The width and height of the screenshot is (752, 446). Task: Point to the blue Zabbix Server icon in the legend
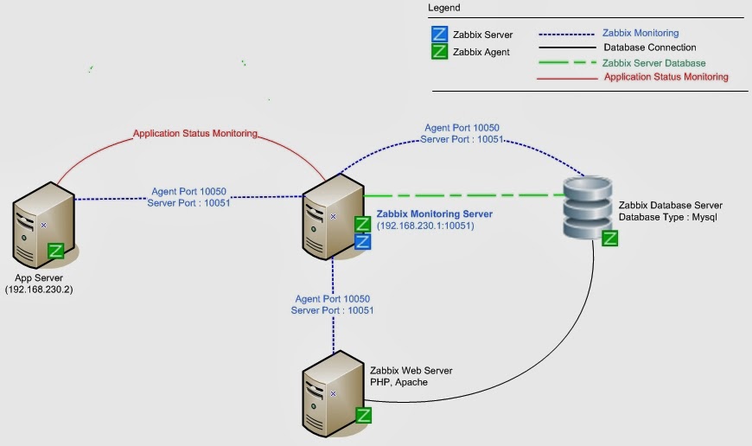tap(439, 35)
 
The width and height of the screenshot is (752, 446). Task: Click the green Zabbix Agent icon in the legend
tap(439, 51)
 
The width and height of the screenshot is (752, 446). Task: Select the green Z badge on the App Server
tap(56, 252)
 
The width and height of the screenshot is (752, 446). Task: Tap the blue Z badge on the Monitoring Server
tap(363, 241)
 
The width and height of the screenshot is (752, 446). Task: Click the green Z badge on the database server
tap(610, 239)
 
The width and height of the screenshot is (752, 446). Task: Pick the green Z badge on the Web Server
tap(364, 415)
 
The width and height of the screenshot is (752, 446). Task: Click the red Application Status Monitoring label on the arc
tap(195, 134)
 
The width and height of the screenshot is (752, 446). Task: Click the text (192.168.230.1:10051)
tap(425, 226)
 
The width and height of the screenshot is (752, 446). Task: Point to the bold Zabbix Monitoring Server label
tap(434, 214)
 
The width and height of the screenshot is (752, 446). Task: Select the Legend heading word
tap(444, 8)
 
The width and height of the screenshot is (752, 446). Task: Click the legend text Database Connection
tap(649, 48)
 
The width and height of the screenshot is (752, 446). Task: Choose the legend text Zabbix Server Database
tap(653, 63)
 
